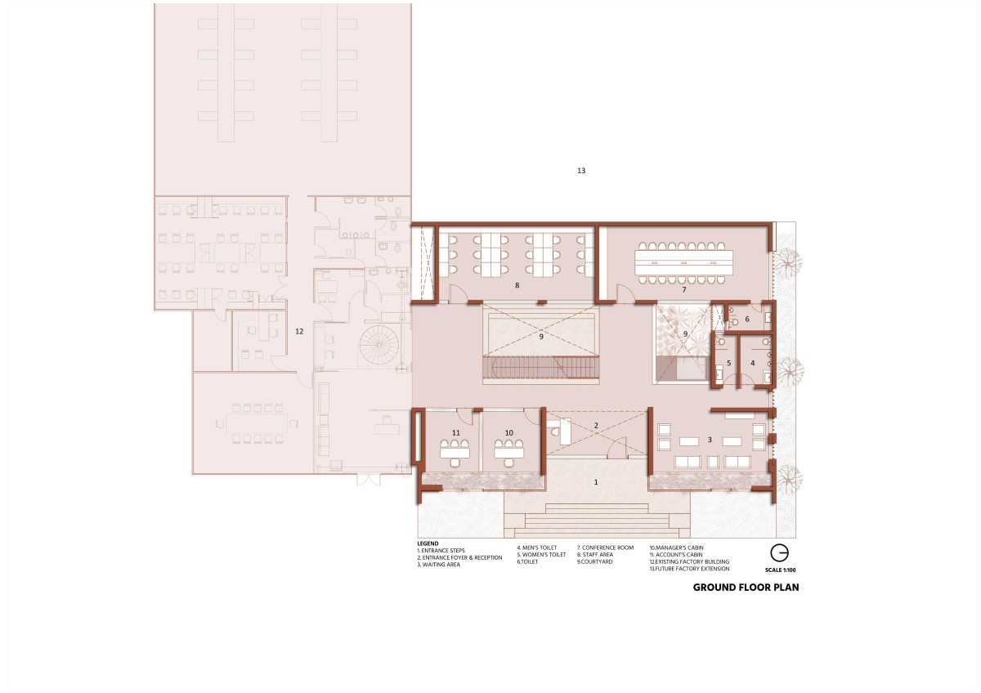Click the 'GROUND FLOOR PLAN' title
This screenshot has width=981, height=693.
point(746,588)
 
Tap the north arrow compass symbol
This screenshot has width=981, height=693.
point(779,553)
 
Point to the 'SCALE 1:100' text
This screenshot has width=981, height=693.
point(781,570)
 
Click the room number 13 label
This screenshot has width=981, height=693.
point(581,170)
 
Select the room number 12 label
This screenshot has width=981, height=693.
point(299,332)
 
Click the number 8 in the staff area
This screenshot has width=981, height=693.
point(517,285)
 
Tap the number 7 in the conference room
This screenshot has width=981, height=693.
point(684,289)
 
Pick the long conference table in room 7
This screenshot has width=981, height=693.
point(684,262)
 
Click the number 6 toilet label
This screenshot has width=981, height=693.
point(747,320)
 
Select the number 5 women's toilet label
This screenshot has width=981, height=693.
point(728,363)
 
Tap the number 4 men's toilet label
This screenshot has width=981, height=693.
point(753,363)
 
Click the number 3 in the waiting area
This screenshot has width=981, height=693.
point(710,440)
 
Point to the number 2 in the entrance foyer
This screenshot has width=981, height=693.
point(596,425)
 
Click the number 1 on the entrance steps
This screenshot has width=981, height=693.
point(596,482)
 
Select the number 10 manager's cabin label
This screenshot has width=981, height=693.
point(508,432)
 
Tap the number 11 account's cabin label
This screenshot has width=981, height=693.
point(456,432)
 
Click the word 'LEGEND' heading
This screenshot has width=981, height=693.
point(428,543)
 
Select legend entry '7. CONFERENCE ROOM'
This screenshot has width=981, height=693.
point(605,548)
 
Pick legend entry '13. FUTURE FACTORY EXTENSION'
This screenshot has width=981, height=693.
point(689,569)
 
